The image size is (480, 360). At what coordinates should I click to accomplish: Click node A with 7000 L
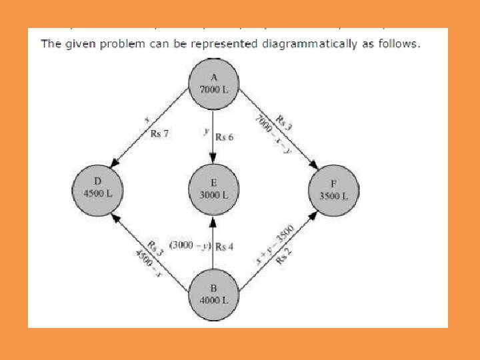coord(213,83)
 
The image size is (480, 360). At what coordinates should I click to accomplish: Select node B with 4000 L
coord(213,294)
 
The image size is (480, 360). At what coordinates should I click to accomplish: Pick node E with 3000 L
coord(213,189)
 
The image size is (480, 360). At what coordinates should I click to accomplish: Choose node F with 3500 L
coord(333,189)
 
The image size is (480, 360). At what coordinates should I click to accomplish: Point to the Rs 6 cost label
coord(225,137)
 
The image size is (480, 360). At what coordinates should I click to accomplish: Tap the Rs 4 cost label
coord(225,246)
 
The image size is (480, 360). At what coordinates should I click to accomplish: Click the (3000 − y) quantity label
coord(190,246)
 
